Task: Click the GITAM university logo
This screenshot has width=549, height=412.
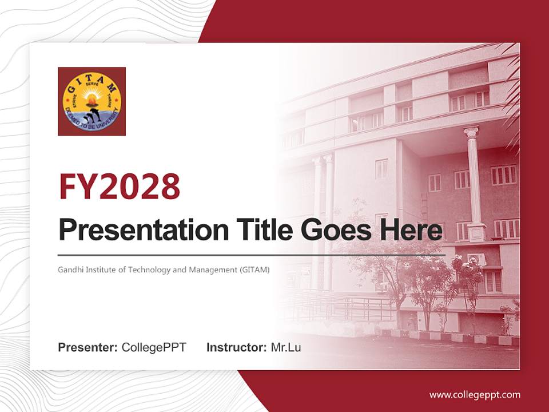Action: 91,101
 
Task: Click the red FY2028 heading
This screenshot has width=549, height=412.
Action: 120,187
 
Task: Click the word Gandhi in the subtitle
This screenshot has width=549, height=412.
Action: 69,269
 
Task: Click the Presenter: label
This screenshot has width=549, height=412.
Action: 88,347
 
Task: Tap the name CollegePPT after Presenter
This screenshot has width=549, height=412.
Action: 154,347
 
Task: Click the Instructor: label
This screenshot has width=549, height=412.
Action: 236,347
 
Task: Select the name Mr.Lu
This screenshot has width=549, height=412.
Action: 285,347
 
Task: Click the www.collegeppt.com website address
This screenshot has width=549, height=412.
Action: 475,394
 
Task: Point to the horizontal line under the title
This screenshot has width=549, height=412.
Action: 252,254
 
